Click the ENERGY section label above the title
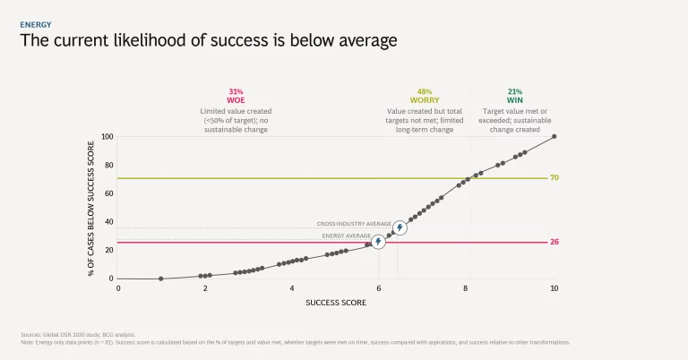coord(36,25)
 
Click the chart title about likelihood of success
coord(209,41)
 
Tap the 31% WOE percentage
coord(236,91)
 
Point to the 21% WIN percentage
coord(514,91)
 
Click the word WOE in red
coord(236,100)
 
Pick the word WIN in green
coord(514,100)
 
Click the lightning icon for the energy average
coord(378,242)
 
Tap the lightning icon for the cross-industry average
coord(400,227)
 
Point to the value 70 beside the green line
coord(555,178)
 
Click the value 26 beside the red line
coord(555,243)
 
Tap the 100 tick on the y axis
coord(107,136)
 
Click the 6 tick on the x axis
coord(379,288)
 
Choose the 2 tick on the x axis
coord(204,288)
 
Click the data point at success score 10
coord(555,136)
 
